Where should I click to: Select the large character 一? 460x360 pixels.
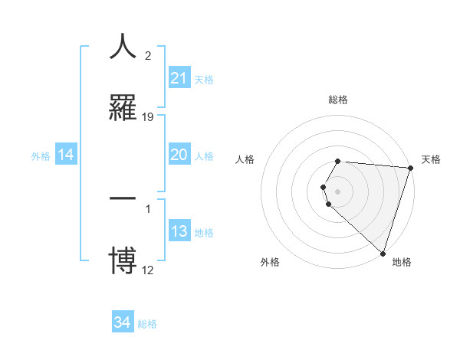point(123,199)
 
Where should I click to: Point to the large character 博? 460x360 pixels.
point(123,260)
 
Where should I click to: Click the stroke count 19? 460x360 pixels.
point(148,116)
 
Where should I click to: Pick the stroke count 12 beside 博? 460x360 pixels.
point(148,270)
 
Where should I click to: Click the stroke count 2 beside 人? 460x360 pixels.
point(147,55)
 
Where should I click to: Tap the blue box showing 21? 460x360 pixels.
point(179,78)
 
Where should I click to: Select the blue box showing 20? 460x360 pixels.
point(179,155)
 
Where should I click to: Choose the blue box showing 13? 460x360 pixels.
point(179,232)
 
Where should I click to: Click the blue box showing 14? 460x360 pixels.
point(66,155)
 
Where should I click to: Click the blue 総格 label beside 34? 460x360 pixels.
point(147,324)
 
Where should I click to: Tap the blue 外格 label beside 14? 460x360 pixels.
point(41,156)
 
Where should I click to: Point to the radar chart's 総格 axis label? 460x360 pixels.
point(338,100)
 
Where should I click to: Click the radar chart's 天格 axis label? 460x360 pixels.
point(432,159)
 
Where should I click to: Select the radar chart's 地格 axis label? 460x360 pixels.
point(402,262)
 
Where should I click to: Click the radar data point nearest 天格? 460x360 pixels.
point(410,168)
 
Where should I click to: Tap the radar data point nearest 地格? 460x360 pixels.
point(383,253)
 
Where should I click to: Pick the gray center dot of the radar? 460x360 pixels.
point(338,191)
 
